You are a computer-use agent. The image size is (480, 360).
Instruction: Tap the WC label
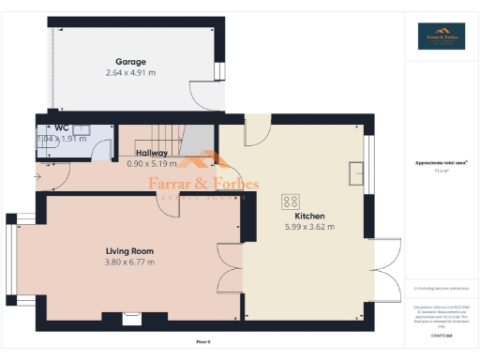coord(61,127)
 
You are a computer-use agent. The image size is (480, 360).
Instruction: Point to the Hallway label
coord(152,153)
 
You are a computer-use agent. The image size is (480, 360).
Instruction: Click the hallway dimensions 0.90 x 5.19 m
coord(152,163)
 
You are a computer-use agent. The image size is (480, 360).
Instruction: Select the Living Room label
coord(129,250)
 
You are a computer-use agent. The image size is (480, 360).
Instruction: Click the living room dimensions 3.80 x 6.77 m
coord(129,262)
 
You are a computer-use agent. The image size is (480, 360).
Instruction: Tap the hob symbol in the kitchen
coord(291,201)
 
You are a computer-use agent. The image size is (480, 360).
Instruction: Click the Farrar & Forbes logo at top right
coord(441,37)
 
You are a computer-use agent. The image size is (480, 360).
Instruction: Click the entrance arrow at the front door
coord(37,175)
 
